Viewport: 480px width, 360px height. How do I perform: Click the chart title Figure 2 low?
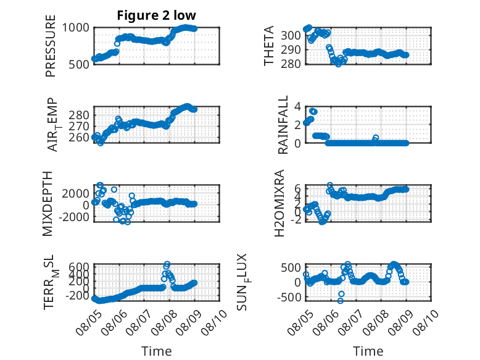156,15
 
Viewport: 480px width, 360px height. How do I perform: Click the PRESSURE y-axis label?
51,46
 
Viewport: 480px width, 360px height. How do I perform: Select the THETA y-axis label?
268,46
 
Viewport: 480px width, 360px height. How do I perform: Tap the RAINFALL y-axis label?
283,125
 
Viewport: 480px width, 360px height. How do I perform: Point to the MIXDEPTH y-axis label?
48,204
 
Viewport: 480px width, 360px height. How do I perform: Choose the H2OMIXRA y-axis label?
279,203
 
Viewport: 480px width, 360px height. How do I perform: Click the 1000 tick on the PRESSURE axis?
76,28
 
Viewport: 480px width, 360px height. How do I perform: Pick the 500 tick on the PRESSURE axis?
79,64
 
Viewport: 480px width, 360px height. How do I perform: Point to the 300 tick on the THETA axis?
291,35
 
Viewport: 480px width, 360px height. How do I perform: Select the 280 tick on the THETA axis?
291,64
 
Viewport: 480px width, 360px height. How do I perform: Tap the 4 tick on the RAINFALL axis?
297,107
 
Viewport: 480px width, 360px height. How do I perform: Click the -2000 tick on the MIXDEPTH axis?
76,217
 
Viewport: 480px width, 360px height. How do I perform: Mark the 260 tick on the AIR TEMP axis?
79,138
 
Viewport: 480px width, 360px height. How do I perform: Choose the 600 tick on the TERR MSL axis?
79,266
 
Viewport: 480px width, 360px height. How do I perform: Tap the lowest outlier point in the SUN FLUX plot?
340,301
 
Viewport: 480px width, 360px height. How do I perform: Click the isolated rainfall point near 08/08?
376,138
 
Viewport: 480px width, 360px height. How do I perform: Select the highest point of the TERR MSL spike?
167,264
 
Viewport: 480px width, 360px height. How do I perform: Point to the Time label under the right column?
368,351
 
